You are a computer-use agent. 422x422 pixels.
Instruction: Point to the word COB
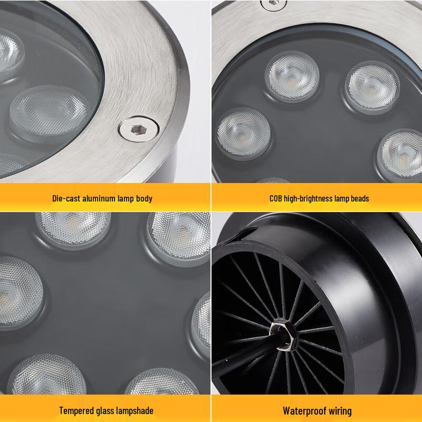(277, 198)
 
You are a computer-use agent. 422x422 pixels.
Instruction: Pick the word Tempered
(76, 410)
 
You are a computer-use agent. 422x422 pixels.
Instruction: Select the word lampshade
(136, 410)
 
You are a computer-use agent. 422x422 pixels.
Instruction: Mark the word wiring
(340, 410)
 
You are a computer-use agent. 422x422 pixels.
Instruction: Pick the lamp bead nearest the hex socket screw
(50, 111)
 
